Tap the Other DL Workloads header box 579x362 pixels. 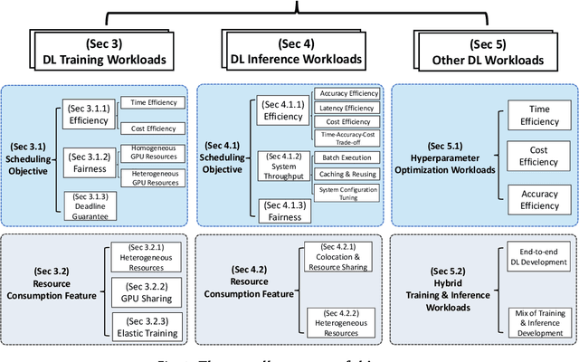click(479, 52)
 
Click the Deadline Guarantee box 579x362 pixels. click(90, 205)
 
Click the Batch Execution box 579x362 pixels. click(342, 157)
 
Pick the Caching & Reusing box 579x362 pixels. click(342, 174)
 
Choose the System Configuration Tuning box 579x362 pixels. click(342, 192)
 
